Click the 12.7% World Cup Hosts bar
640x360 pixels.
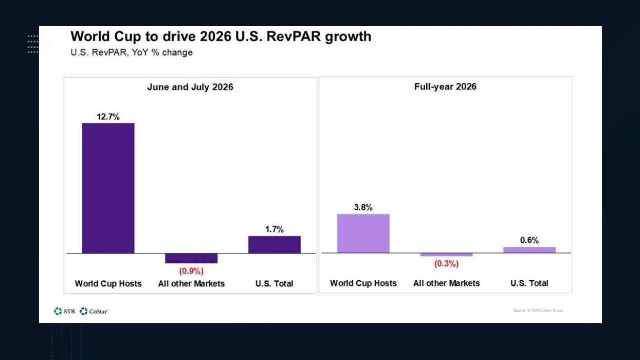[108, 188]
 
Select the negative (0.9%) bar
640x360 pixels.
[191, 258]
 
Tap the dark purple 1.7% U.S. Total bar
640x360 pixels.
[274, 245]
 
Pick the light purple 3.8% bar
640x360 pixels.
[363, 233]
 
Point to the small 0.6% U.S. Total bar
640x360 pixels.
[529, 250]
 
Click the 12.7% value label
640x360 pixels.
[108, 117]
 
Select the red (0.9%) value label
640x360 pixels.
[191, 271]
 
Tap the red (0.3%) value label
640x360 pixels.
[446, 264]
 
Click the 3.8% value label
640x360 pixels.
[363, 207]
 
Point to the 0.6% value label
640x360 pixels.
[529, 240]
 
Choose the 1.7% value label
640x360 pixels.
[274, 229]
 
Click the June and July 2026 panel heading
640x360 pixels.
[190, 87]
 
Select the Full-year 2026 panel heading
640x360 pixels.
[445, 86]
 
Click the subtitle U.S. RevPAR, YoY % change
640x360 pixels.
[132, 52]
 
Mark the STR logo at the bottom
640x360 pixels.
[65, 311]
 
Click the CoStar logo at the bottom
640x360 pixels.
[94, 311]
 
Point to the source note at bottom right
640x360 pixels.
[538, 310]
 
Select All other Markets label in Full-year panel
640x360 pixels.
[446, 283]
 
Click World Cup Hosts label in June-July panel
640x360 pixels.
[108, 284]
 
